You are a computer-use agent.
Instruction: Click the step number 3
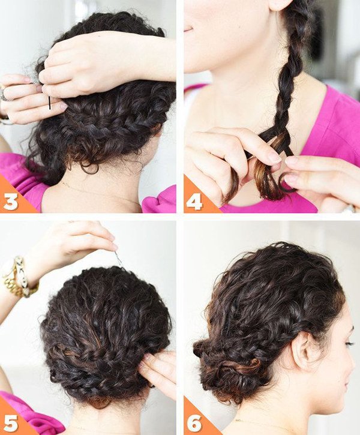11,202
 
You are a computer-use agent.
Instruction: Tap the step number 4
194,202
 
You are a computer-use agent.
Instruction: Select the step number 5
11,422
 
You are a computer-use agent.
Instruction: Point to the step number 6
194,422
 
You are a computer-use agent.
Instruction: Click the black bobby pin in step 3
50,103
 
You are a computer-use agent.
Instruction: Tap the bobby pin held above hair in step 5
118,258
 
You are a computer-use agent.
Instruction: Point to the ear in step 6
303,352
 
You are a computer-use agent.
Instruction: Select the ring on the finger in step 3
4,94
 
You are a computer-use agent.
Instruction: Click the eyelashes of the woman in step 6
350,343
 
